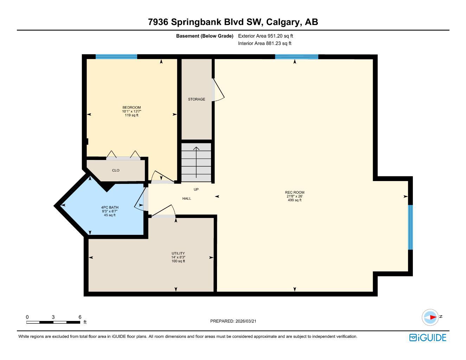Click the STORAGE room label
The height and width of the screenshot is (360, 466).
click(x=196, y=99)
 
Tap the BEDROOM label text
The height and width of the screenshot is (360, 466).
click(x=132, y=108)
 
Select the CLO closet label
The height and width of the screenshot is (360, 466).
click(x=116, y=171)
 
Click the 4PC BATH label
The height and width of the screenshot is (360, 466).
click(x=110, y=207)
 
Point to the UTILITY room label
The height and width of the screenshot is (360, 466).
click(x=178, y=253)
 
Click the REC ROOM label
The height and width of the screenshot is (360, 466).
click(x=294, y=192)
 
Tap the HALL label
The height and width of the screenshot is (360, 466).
click(x=187, y=199)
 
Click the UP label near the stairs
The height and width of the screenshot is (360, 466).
click(x=196, y=189)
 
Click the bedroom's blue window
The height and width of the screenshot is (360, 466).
click(x=116, y=57)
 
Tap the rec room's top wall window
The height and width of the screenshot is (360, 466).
click(x=296, y=57)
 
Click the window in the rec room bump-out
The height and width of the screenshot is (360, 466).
click(x=410, y=227)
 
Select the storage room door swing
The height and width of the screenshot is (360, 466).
click(x=218, y=90)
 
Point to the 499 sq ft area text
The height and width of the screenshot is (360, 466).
click(x=294, y=200)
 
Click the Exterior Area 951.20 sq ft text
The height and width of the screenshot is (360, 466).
click(x=266, y=36)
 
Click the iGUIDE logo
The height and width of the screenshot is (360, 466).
click(x=428, y=337)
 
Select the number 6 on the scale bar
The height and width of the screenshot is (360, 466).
click(x=80, y=317)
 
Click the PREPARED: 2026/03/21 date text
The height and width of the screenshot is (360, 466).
click(x=235, y=321)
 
